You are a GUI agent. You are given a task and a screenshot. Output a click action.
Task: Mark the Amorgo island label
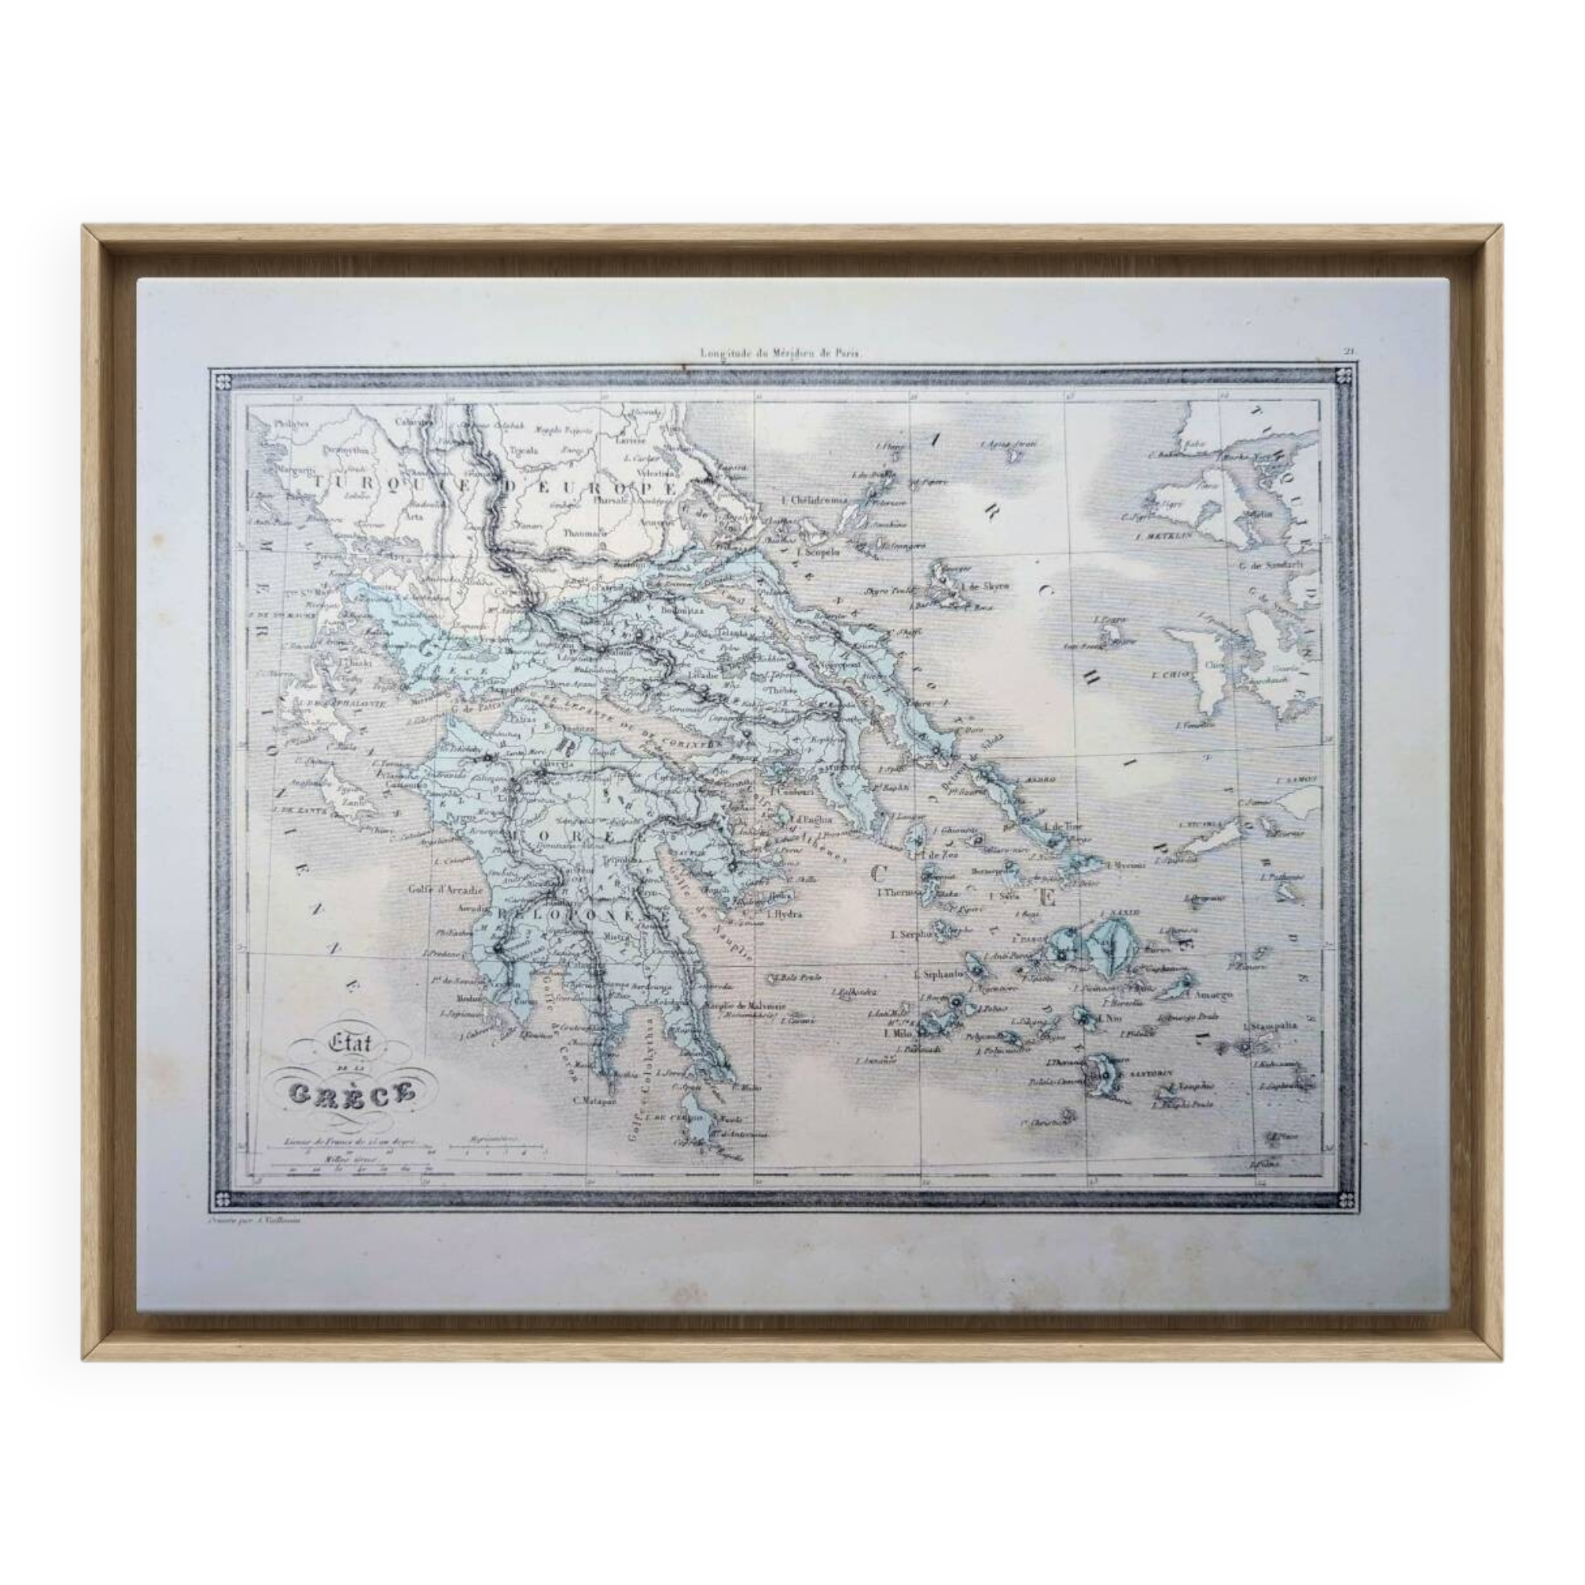[x=1215, y=995]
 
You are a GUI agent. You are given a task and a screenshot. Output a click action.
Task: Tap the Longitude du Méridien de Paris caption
[x=779, y=354]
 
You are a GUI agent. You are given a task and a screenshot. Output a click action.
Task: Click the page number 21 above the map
[x=1348, y=352]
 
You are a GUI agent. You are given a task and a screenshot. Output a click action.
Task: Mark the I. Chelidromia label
[x=815, y=500]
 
